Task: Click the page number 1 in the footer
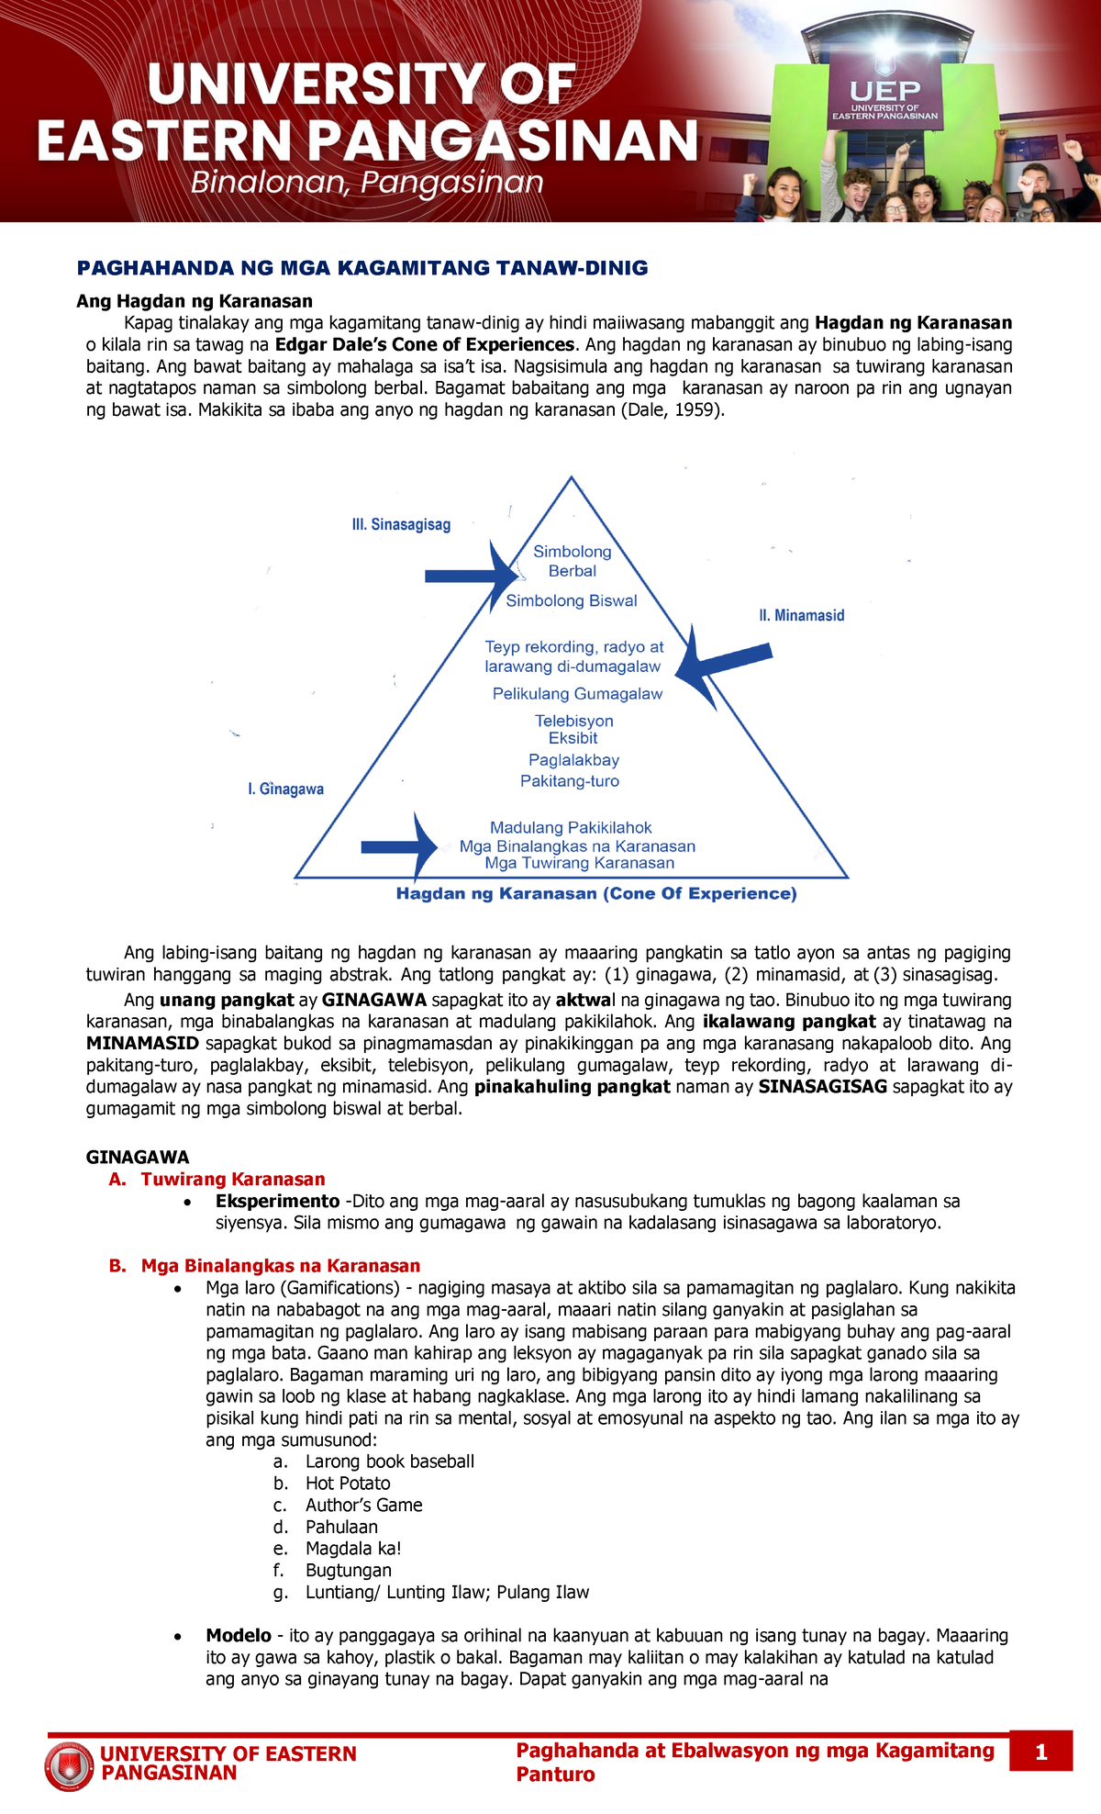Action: [x=1040, y=1752]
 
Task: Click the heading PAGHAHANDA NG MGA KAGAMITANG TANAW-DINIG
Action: [x=362, y=268]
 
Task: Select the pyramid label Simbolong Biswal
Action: [x=572, y=601]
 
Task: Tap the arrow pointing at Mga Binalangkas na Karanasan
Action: [x=400, y=846]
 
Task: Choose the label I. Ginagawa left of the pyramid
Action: [x=285, y=789]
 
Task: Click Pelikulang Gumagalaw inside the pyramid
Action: [x=577, y=694]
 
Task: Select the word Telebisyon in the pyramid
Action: [x=574, y=721]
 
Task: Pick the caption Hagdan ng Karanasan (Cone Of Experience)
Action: [x=596, y=894]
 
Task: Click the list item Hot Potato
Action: [x=348, y=1484]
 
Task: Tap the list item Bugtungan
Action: [x=349, y=1571]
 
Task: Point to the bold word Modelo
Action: [x=239, y=1636]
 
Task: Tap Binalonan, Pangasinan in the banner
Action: [x=367, y=184]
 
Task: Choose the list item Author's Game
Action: [x=363, y=1506]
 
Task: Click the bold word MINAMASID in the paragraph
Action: [x=142, y=1044]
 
